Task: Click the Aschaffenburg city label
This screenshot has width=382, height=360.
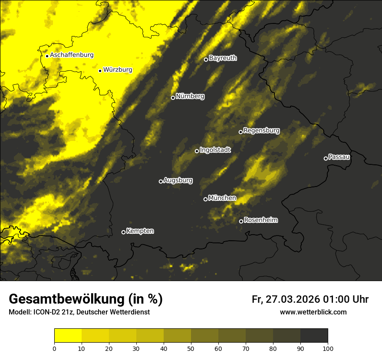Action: (72, 55)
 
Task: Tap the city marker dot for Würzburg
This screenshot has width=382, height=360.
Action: (100, 71)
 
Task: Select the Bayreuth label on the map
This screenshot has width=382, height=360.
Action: (223, 58)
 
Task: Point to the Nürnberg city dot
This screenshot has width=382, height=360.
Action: (173, 98)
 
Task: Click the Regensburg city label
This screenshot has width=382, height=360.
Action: (261, 131)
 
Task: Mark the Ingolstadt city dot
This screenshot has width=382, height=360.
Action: (197, 151)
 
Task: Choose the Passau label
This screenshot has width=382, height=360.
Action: (339, 157)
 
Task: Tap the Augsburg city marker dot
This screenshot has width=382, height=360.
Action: (161, 181)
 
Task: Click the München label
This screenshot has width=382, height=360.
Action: (222, 198)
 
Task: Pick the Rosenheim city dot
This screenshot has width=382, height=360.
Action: (241, 221)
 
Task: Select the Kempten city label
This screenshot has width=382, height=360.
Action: (140, 231)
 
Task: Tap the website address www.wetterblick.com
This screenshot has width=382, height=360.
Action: (313, 312)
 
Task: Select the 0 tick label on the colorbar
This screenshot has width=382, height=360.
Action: (54, 348)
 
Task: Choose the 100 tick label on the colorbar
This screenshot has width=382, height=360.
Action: (328, 348)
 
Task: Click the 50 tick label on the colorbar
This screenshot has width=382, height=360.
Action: (191, 348)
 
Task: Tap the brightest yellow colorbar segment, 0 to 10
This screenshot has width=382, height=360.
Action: (68, 335)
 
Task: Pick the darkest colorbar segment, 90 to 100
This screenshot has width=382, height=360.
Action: (314, 335)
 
